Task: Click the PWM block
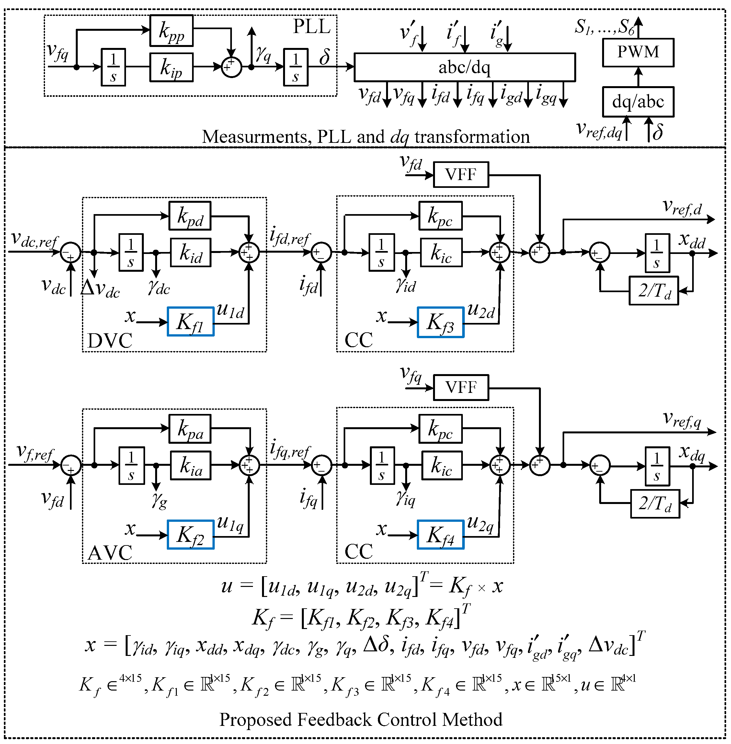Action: point(638,52)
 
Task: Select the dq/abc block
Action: point(638,102)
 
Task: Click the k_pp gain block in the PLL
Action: point(171,31)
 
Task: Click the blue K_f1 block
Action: point(190,322)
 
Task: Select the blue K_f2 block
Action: point(190,534)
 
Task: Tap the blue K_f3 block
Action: point(440,323)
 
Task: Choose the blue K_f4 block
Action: point(440,535)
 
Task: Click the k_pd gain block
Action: point(190,216)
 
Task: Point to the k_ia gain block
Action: point(191,466)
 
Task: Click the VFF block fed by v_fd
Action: point(461,175)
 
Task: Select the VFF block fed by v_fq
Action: point(461,387)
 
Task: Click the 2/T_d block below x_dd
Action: point(654,291)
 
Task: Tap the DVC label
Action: point(110,340)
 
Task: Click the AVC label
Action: point(110,553)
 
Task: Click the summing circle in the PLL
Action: point(232,67)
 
